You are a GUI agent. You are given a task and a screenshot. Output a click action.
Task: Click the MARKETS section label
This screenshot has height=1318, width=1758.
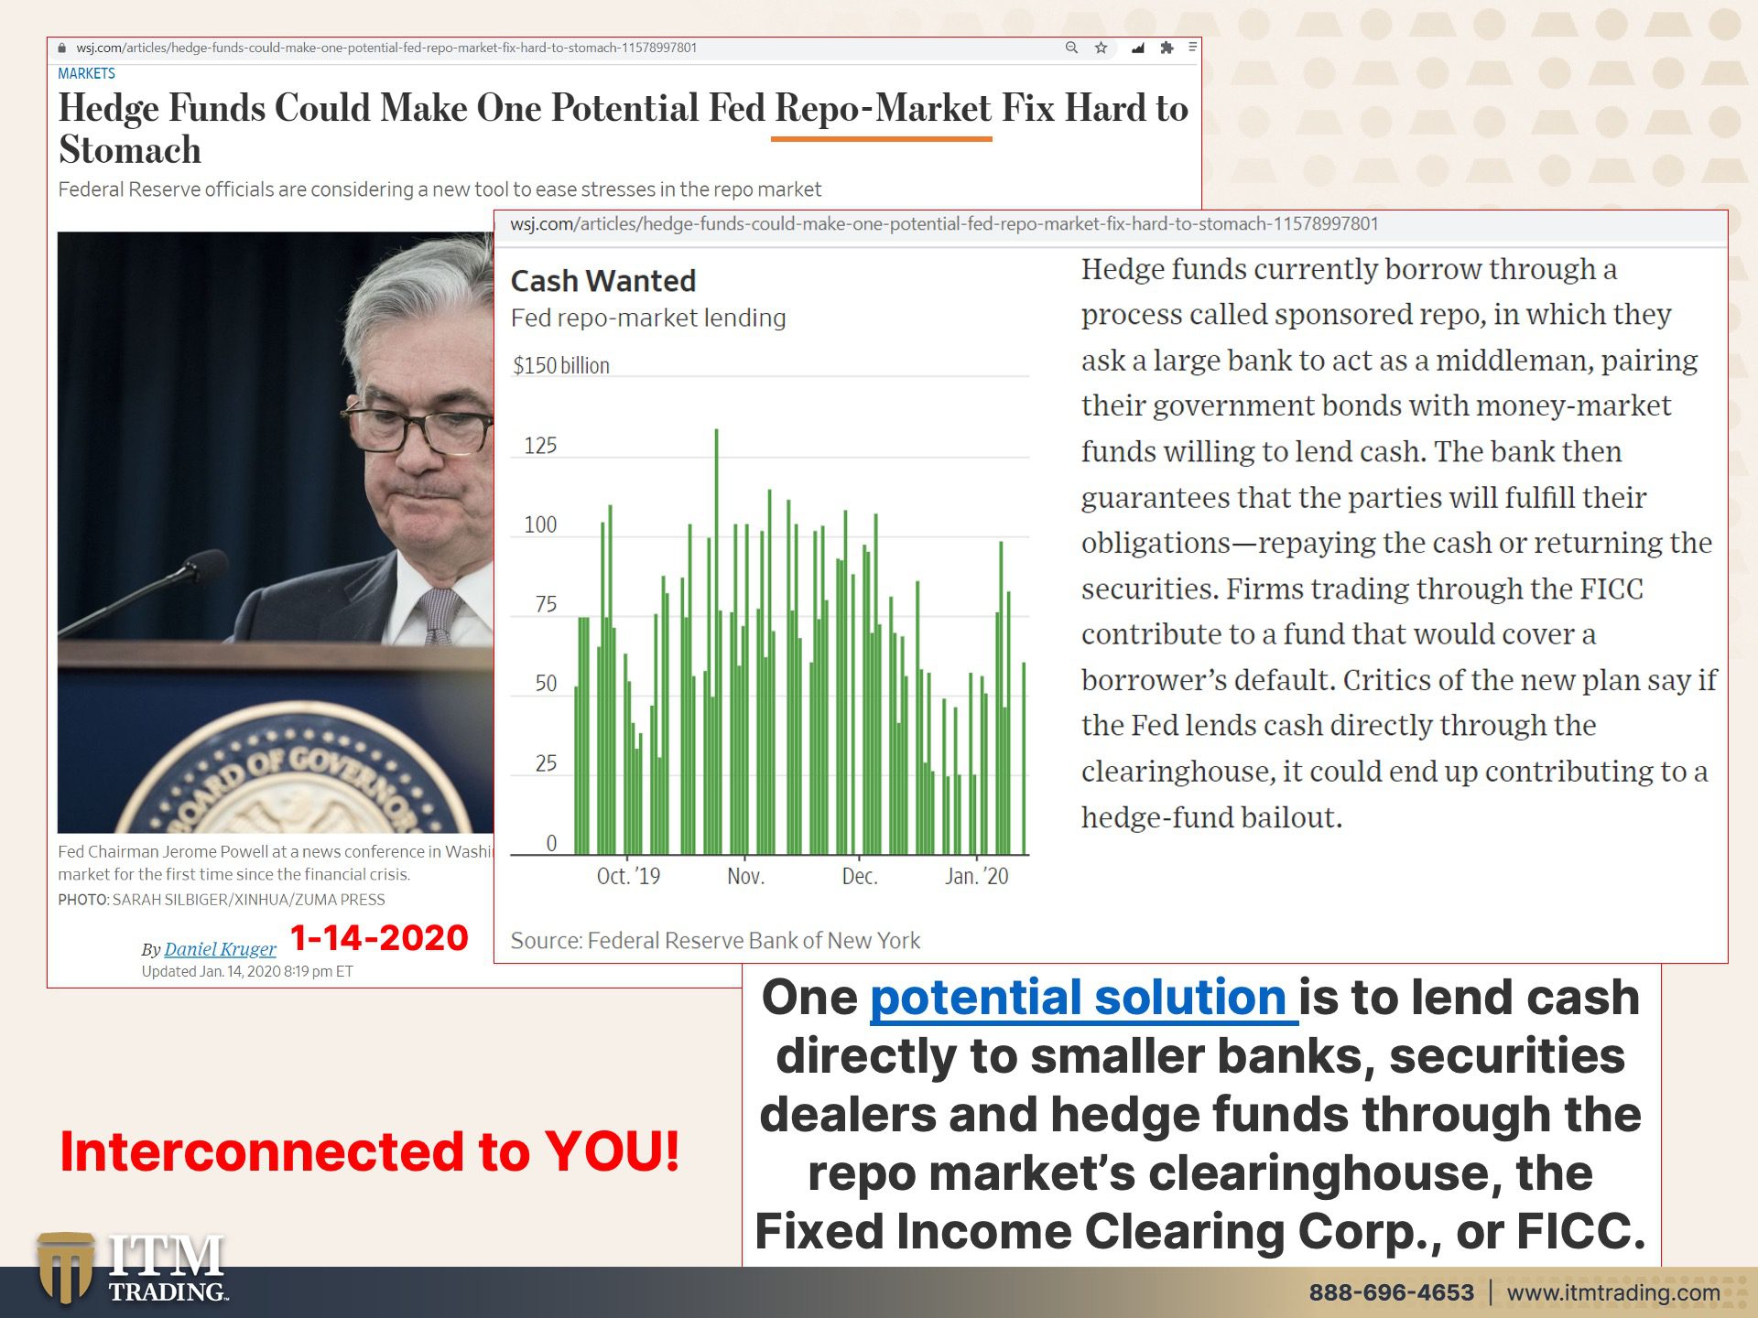coord(86,73)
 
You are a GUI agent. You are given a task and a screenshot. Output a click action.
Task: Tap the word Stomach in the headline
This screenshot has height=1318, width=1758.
coord(130,149)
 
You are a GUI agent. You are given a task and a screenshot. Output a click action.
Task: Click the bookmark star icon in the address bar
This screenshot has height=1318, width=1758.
coord(1101,48)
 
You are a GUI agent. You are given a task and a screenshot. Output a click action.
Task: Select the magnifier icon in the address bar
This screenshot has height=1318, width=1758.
coord(1071,48)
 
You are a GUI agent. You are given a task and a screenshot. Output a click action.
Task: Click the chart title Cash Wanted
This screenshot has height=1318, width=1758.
coord(603,281)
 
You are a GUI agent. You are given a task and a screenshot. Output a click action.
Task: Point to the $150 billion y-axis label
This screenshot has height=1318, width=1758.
coord(561,365)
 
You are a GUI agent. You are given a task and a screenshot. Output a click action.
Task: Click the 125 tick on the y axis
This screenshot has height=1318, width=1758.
coord(540,446)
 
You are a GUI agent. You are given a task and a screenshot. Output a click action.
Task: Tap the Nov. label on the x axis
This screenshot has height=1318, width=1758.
coord(745,876)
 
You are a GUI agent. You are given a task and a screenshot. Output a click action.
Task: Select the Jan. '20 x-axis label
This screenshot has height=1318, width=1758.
coord(976,876)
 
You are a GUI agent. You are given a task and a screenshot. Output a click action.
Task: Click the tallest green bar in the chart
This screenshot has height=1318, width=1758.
coord(716,641)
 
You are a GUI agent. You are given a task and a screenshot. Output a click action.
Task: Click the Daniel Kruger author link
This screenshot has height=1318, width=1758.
coord(220,949)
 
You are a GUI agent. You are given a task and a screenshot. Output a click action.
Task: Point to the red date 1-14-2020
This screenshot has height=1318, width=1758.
coord(379,938)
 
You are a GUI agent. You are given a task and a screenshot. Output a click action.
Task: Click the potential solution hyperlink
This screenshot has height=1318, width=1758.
coord(1083,998)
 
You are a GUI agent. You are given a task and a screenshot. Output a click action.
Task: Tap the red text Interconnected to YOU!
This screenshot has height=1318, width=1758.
coord(370,1151)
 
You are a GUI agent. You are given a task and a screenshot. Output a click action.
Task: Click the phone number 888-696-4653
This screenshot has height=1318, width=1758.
coord(1391,1292)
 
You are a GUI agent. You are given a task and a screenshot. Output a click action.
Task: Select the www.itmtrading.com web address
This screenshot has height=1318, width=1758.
coord(1613,1292)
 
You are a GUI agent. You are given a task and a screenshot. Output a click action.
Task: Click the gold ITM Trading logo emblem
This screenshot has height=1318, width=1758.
coord(65,1269)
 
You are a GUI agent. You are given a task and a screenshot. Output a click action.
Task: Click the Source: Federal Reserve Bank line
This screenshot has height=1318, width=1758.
coord(715,941)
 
